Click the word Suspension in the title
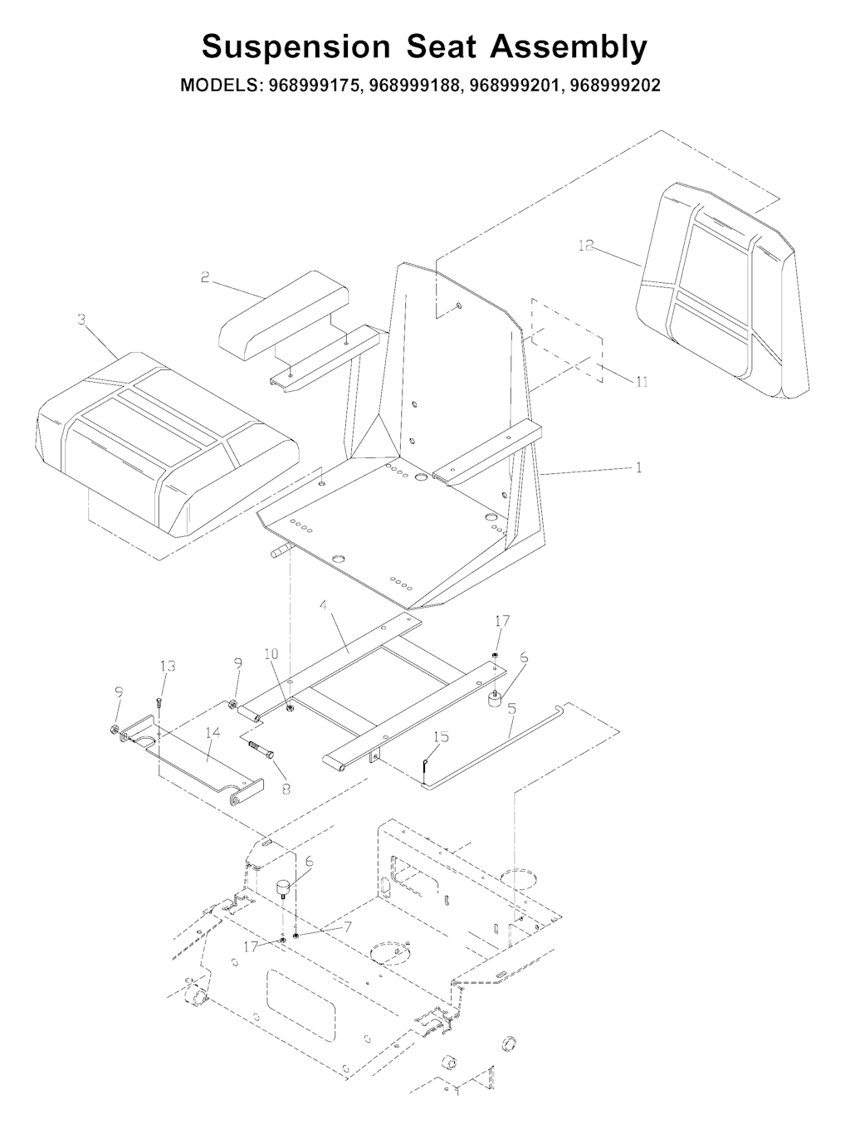pos(296,48)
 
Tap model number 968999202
pos(614,85)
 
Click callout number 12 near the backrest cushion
pos(586,246)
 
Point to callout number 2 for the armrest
pos(205,277)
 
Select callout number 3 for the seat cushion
pos(81,320)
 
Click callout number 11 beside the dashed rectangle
pos(642,382)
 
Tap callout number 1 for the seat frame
pos(638,467)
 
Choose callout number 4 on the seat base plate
pos(323,605)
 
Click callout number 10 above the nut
pos(271,653)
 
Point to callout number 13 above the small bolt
pos(168,666)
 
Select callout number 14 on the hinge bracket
pos(212,732)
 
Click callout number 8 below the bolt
pos(286,789)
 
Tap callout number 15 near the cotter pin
pos(441,736)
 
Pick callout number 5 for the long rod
pos(511,709)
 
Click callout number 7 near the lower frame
pos(348,926)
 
